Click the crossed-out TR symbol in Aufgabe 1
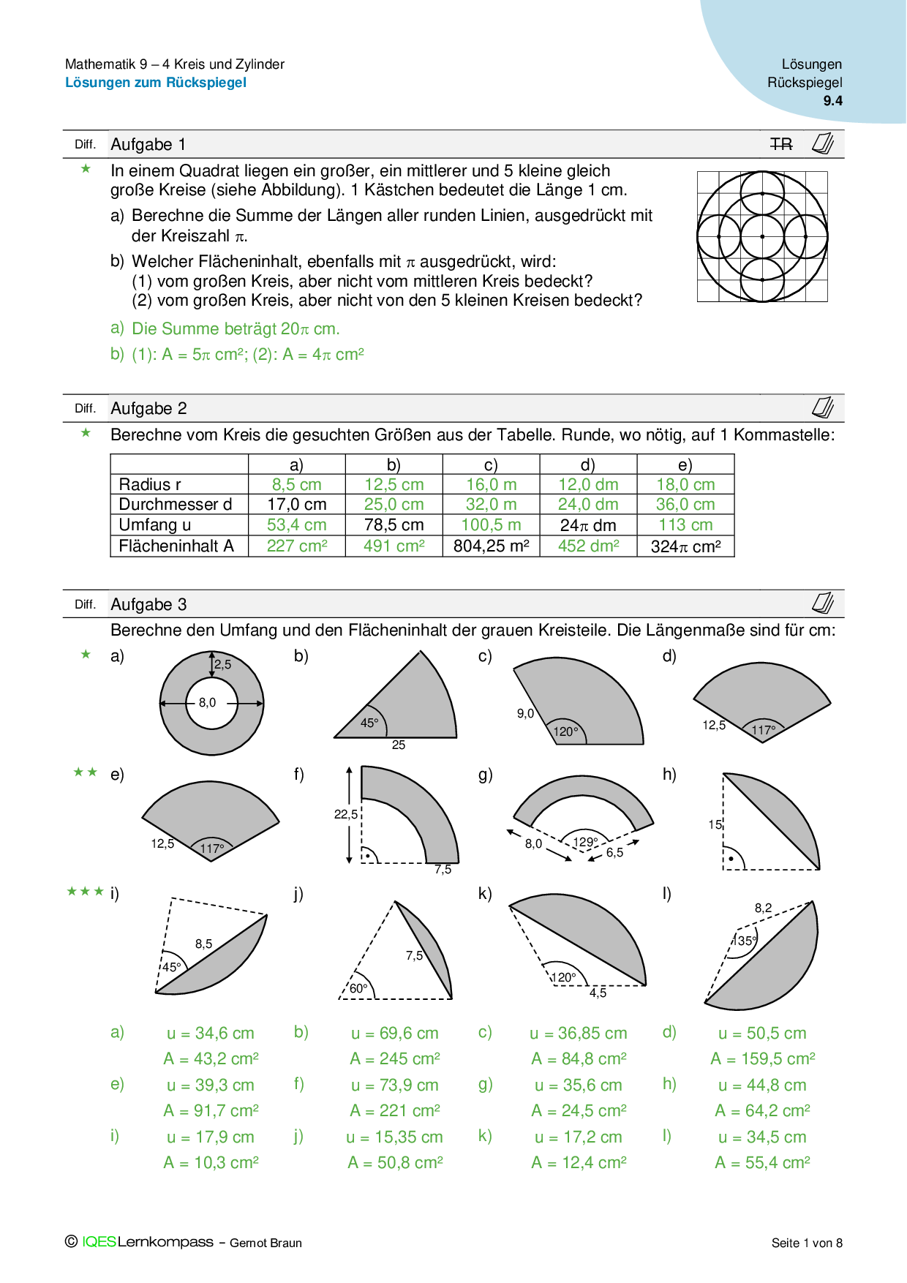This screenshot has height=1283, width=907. coord(781,144)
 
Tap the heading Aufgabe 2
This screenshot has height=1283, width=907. coord(148,408)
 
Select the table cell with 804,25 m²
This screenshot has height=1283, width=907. coord(491,546)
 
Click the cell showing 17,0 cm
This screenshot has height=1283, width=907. coord(296,504)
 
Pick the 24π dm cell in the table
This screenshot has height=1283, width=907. coord(588,525)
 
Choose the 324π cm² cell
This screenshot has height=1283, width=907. coord(685,546)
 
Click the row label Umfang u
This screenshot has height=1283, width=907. coord(155,525)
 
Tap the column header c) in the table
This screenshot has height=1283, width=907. coord(491,464)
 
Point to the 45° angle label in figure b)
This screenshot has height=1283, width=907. coord(369,723)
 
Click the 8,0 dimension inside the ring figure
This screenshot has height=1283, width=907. coord(207,702)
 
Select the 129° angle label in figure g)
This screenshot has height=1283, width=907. coord(585,842)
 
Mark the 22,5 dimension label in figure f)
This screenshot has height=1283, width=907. coord(346,814)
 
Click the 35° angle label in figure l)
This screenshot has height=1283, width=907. coord(746,941)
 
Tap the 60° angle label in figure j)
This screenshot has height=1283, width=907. coord(358,988)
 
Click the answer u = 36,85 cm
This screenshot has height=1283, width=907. coord(579,1033)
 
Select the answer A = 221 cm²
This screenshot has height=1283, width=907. coord(395,1110)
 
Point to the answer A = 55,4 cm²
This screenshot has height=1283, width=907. coord(762,1162)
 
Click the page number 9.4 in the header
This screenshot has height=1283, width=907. coord(832,101)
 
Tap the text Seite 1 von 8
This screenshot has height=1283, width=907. coord(807,1243)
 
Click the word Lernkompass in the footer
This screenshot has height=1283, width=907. coord(165,1242)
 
